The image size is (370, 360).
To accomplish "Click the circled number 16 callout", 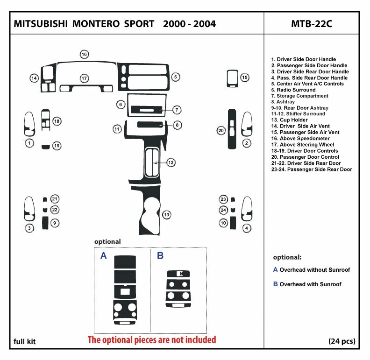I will pyautogui.click(x=84, y=55).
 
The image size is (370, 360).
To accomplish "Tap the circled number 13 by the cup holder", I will pyautogui.click(x=166, y=214).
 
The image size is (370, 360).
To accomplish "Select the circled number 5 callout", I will pyautogui.click(x=175, y=77).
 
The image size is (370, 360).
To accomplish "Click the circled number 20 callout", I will pyautogui.click(x=221, y=131).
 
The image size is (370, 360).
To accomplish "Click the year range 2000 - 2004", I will pyautogui.click(x=189, y=24).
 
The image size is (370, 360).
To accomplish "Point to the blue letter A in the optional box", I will pyautogui.click(x=104, y=255).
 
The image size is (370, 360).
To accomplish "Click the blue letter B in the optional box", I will pyautogui.click(x=160, y=255).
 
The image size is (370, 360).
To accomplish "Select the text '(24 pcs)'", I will pyautogui.click(x=342, y=341).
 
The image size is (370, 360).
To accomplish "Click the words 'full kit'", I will pyautogui.click(x=24, y=341).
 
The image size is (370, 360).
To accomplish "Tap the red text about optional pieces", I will pyautogui.click(x=152, y=339).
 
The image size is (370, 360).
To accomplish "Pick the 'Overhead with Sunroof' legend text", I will pyautogui.click(x=310, y=284).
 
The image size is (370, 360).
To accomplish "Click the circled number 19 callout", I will pyautogui.click(x=57, y=146).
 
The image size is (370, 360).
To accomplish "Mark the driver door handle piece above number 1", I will pyautogui.click(x=29, y=124).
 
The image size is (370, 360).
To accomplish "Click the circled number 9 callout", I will pyautogui.click(x=55, y=223).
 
